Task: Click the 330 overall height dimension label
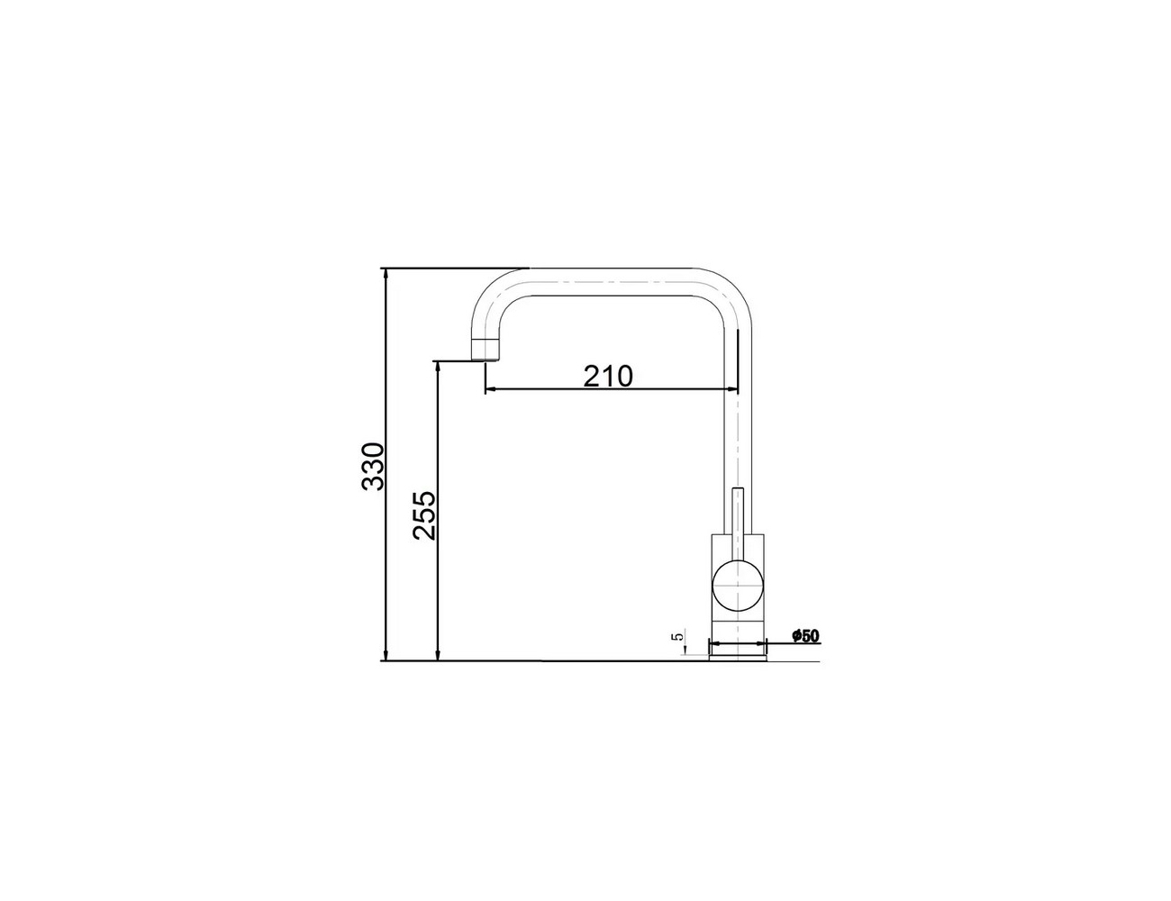coord(372,466)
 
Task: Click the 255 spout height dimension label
coord(423,514)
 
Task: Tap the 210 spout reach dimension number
coord(608,376)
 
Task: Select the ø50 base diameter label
coord(805,636)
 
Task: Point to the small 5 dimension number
coord(678,636)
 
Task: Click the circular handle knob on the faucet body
coord(739,586)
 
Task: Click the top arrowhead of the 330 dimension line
coord(385,273)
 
